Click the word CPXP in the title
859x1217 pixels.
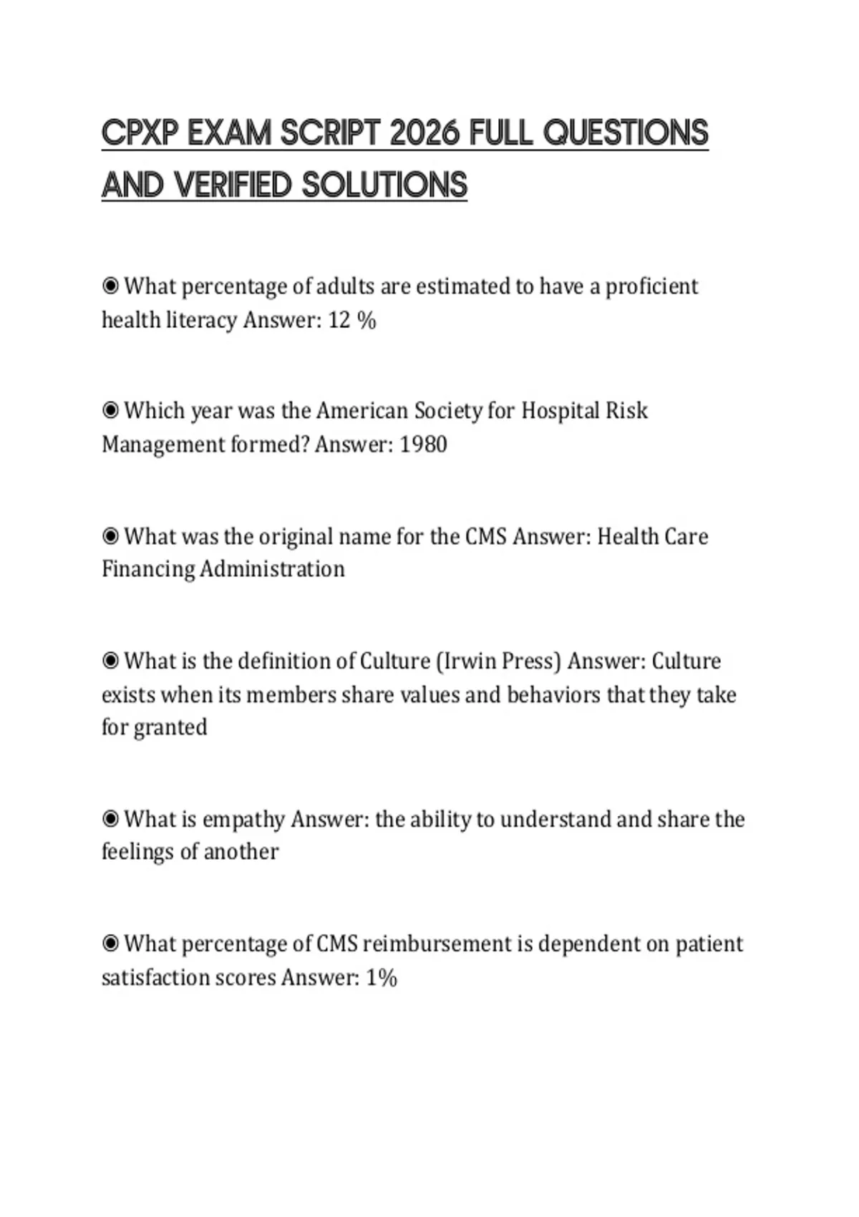click(x=140, y=133)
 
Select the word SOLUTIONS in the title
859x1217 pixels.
click(x=384, y=185)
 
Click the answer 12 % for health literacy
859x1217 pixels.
click(x=351, y=320)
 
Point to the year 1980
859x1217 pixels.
click(x=423, y=445)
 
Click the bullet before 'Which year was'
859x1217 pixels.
click(x=110, y=411)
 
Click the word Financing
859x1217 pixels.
click(x=147, y=570)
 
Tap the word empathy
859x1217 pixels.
click(x=243, y=820)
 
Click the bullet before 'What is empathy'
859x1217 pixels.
click(x=110, y=819)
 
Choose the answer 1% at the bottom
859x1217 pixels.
click(x=382, y=978)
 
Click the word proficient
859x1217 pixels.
click(x=651, y=286)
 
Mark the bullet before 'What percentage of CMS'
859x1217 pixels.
click(x=110, y=944)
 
